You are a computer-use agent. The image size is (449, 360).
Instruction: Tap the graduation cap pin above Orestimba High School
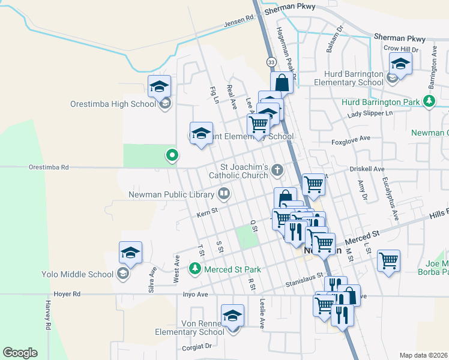160,86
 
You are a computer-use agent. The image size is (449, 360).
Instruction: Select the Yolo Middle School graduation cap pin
130,253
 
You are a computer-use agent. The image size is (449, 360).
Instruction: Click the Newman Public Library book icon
223,193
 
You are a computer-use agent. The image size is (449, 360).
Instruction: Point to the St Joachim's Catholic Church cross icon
277,170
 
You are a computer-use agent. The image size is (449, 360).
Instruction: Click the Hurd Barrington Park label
381,102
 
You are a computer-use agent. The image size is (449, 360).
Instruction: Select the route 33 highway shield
272,62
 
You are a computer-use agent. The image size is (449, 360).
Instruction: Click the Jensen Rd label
239,22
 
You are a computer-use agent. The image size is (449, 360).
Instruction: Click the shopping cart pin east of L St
389,260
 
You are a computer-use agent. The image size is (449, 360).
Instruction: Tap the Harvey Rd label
47,315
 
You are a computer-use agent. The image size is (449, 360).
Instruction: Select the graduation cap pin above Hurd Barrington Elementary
400,63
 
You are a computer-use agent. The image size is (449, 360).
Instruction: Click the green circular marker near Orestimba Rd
172,156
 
